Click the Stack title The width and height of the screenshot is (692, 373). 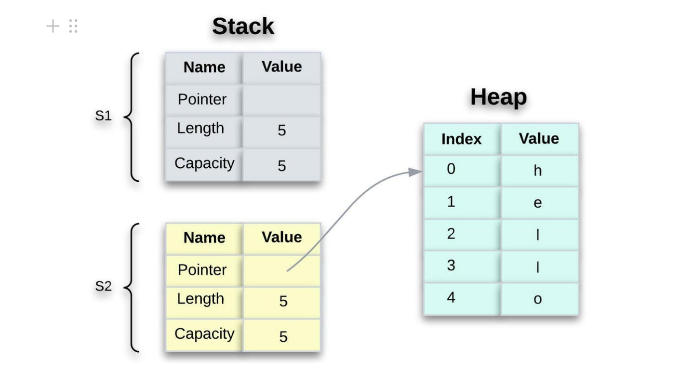tap(243, 26)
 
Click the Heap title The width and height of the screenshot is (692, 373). tap(498, 97)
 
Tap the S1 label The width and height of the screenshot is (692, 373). tap(103, 116)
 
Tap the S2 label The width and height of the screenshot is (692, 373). tap(103, 286)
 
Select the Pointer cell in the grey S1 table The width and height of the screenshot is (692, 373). tap(202, 99)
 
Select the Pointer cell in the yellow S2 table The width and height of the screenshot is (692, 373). tap(202, 270)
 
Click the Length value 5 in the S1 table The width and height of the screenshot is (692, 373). tap(282, 130)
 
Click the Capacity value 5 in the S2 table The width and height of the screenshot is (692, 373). tap(283, 336)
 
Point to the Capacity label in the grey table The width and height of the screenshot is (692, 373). tap(204, 163)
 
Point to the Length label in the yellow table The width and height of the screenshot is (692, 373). tap(200, 299)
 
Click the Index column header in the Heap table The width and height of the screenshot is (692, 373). tap(461, 139)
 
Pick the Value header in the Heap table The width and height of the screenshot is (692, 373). tap(539, 139)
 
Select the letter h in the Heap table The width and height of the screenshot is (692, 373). tap(538, 171)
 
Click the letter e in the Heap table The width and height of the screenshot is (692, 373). tap(538, 203)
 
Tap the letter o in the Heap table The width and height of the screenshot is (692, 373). tap(538, 299)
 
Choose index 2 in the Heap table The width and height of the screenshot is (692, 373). tap(451, 234)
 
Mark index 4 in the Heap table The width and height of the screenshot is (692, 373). tap(451, 297)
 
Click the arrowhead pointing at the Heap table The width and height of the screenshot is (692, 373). tap(415, 172)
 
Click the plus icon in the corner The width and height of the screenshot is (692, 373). tap(53, 26)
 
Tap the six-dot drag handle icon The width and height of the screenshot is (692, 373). tap(73, 26)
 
